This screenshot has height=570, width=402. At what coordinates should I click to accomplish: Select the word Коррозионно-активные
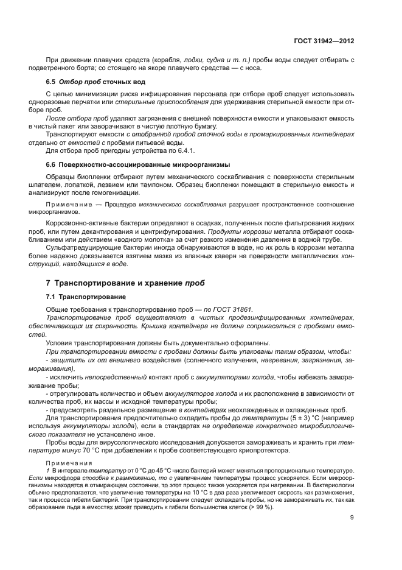click(x=81, y=231)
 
